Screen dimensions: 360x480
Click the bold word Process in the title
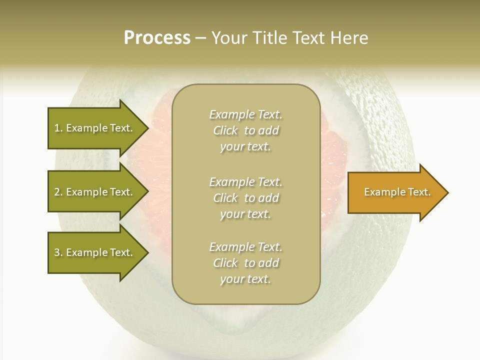click(157, 38)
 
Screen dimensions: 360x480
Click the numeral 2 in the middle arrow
click(57, 192)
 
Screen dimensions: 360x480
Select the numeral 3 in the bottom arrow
click(57, 252)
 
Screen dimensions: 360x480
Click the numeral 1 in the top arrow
click(57, 128)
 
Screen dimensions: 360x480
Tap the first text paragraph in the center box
click(245, 130)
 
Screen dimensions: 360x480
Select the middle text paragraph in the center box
click(245, 198)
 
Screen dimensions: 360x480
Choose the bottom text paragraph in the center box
click(245, 263)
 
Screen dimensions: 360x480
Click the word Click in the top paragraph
click(225, 130)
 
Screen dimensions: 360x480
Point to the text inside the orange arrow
click(397, 192)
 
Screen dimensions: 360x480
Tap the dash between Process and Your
click(200, 38)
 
